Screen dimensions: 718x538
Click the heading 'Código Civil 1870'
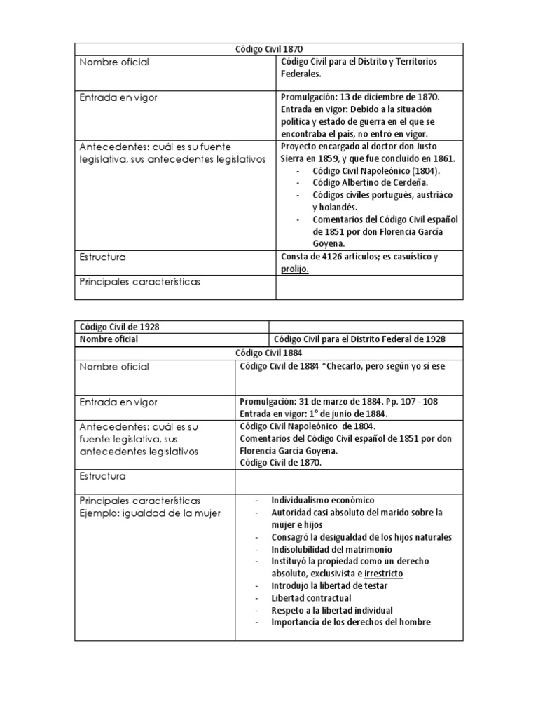click(268, 49)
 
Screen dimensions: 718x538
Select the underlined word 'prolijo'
click(294, 269)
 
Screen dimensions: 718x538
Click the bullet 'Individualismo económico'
click(323, 500)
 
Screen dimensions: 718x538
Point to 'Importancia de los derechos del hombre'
click(350, 622)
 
